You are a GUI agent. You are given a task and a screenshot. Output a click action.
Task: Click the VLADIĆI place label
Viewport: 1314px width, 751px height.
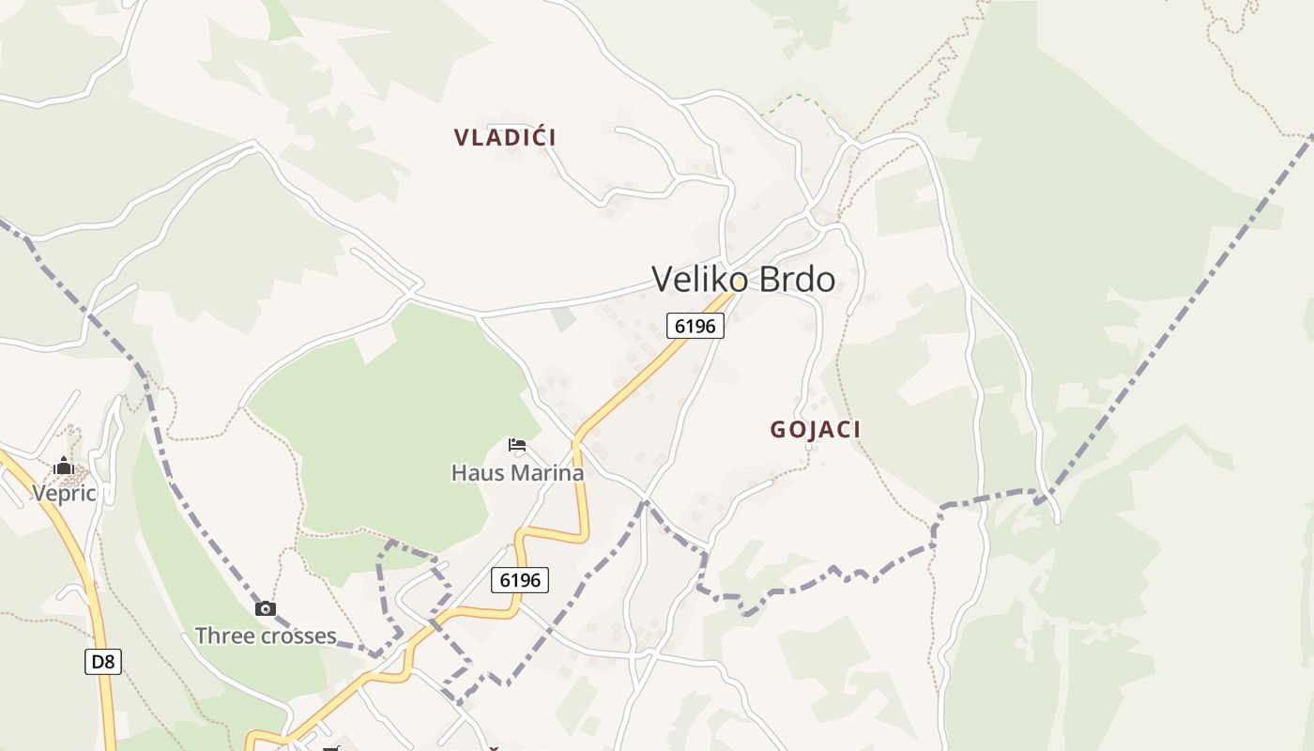pos(505,137)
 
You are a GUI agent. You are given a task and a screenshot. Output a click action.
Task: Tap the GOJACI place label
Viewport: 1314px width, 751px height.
pos(815,430)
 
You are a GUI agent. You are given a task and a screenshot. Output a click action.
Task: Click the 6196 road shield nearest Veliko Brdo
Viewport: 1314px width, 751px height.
pos(695,326)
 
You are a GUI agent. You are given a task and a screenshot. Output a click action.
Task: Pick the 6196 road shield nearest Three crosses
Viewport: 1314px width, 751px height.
pos(520,580)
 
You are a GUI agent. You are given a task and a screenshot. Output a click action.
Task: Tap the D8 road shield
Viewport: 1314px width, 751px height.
pos(103,662)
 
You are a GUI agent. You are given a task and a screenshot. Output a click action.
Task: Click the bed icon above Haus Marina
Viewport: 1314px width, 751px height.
pos(517,445)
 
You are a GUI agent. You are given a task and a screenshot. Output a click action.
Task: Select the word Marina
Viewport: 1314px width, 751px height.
pos(546,472)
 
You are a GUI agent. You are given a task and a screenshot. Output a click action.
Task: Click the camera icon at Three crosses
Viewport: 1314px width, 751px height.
pos(266,608)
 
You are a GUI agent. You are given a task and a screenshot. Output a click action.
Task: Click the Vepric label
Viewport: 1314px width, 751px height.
pos(64,493)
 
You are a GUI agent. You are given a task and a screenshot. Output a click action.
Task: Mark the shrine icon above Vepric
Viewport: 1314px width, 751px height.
pos(63,466)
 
